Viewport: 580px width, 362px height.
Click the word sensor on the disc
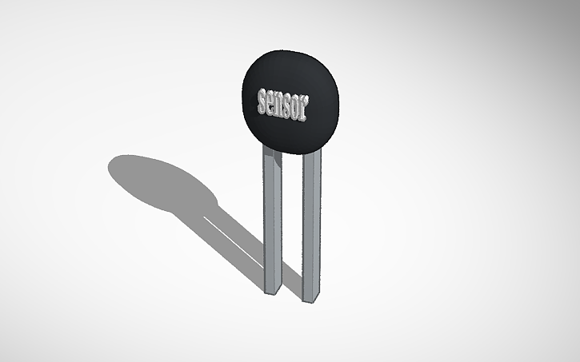(282, 104)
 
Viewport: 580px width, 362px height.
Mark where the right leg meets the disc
(312, 151)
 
